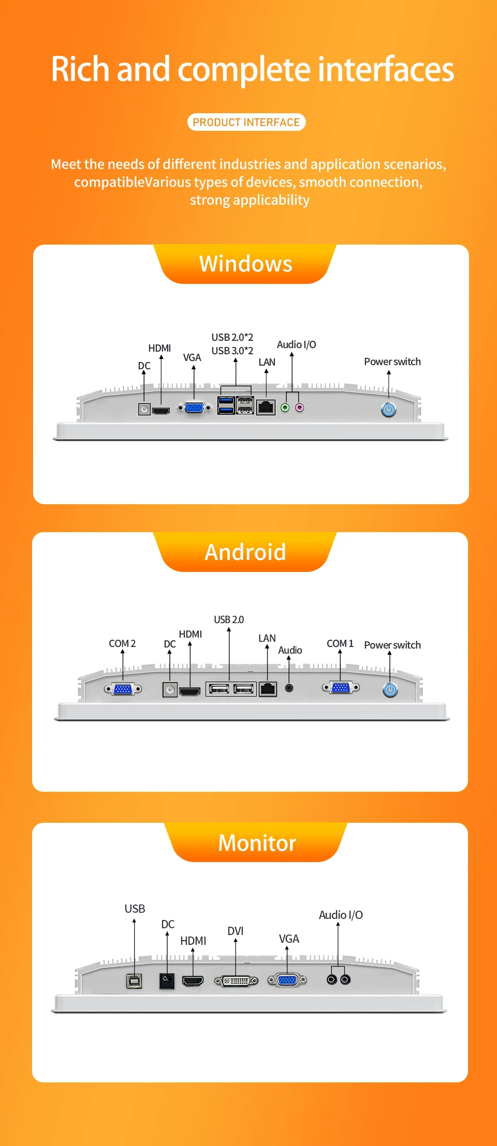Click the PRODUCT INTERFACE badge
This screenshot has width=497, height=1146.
tap(246, 122)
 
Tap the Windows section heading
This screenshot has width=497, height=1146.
tap(246, 264)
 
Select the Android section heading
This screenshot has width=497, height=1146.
tap(245, 552)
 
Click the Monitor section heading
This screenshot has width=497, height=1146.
tap(257, 843)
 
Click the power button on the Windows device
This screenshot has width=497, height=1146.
tap(389, 410)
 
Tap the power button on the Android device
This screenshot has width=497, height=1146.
tap(390, 689)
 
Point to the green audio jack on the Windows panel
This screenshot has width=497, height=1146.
tap(285, 408)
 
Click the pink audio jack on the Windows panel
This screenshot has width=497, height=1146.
tap(299, 408)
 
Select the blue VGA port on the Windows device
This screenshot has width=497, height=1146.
tap(194, 408)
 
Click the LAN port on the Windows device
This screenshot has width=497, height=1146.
tap(266, 407)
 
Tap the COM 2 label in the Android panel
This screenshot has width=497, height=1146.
tap(122, 643)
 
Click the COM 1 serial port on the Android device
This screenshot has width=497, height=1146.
tap(341, 687)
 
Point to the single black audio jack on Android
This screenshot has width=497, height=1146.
tap(289, 688)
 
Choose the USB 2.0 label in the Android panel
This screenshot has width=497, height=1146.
tap(229, 620)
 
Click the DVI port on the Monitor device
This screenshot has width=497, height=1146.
tap(236, 981)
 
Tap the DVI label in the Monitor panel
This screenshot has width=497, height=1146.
tap(236, 931)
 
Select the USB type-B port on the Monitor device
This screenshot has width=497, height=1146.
tap(134, 981)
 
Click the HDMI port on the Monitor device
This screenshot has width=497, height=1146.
tap(193, 981)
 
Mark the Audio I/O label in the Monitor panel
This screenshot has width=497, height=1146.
tap(341, 915)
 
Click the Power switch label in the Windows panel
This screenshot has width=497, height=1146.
tap(392, 361)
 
